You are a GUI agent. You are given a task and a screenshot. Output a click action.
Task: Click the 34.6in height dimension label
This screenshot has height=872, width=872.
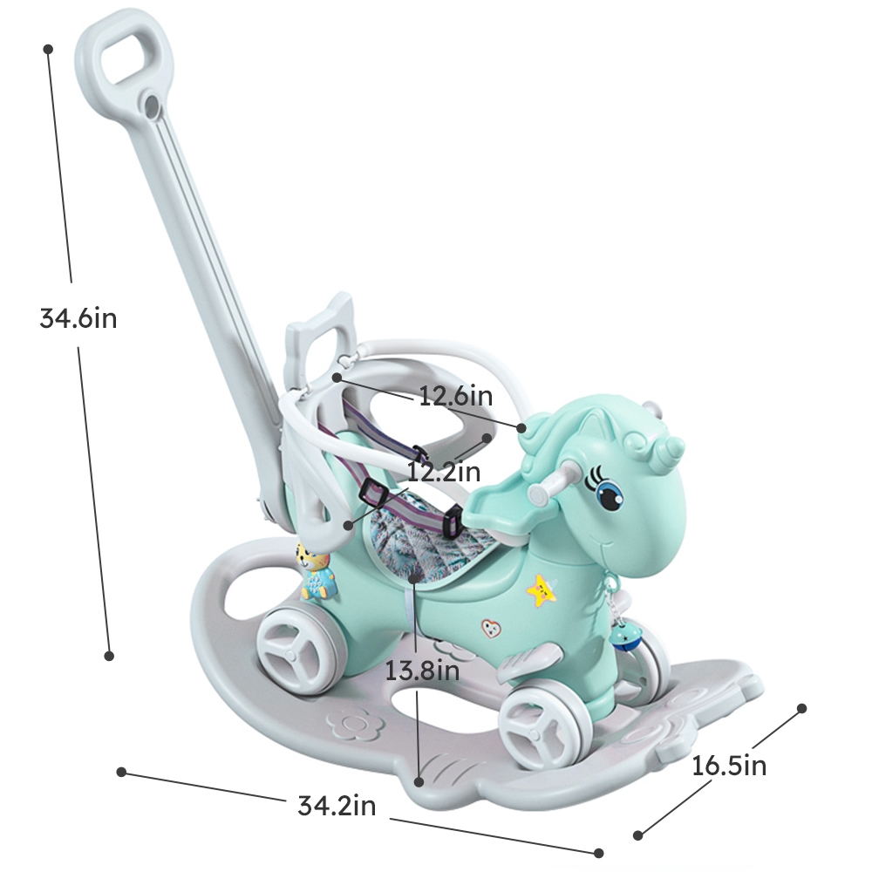click(78, 317)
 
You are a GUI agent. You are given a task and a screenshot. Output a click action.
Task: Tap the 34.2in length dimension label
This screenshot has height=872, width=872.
click(337, 806)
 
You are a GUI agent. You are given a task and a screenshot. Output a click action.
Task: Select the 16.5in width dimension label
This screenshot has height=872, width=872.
click(729, 766)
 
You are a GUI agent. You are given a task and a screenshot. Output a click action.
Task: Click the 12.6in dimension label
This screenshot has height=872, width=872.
click(455, 397)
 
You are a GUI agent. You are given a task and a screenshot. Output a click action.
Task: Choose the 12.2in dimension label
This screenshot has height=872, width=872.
click(444, 472)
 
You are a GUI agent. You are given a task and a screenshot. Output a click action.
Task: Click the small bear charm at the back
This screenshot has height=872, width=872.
click(316, 572)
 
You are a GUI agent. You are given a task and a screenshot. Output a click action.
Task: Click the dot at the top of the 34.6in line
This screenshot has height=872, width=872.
click(49, 49)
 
